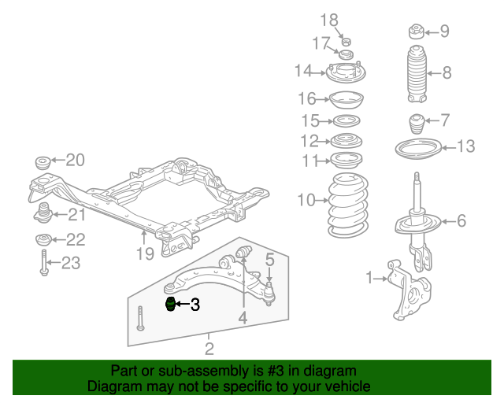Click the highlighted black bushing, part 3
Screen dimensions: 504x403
[x=170, y=305]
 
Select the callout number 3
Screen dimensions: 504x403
[x=195, y=305]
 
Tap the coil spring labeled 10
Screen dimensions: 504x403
[x=348, y=205]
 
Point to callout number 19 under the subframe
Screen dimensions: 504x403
[x=145, y=254]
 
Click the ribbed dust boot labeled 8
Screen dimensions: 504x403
[x=417, y=74]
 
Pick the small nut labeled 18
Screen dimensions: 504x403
[x=346, y=42]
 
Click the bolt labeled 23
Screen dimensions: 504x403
[x=44, y=263]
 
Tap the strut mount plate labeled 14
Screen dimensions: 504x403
[x=346, y=73]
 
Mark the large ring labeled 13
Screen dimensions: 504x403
[x=418, y=148]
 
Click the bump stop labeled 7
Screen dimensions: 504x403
[x=417, y=124]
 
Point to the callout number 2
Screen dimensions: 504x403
[x=209, y=349]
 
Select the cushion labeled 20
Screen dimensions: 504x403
[x=43, y=163]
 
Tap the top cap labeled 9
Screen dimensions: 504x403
[x=417, y=31]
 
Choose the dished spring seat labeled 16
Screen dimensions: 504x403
[x=346, y=100]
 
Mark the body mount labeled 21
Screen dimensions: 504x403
[x=43, y=213]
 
